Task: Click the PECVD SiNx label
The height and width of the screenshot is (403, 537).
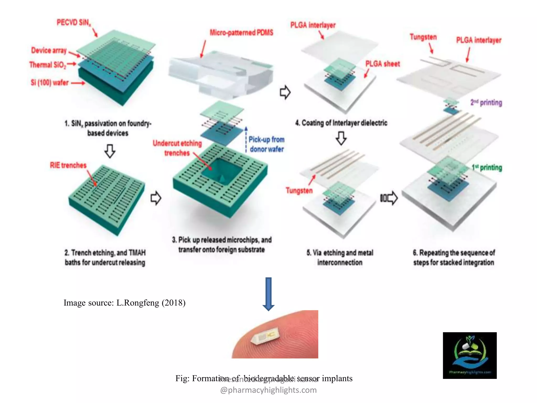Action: coord(74,23)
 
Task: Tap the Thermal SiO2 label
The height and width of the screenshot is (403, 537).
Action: coord(48,65)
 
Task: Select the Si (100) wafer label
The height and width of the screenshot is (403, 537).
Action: coord(50,83)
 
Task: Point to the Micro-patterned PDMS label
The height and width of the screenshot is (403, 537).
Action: coord(241,33)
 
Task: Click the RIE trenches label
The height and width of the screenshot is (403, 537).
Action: coord(68,165)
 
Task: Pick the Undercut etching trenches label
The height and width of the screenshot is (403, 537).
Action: coord(177,148)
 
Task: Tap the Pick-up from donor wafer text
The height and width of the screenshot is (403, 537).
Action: coord(266,144)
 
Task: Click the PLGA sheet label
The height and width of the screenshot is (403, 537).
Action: coord(383,64)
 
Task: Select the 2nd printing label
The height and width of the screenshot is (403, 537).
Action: coord(486,103)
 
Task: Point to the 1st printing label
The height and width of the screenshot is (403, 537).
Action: coord(487,167)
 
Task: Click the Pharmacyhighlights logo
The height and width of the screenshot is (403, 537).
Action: coord(470,355)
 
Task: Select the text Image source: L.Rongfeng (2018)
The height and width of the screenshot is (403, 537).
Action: coord(125,303)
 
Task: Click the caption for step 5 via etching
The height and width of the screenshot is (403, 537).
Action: coord(340,257)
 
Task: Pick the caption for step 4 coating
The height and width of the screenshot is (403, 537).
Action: coord(341,123)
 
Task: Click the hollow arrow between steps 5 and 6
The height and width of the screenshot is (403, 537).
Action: coord(389,198)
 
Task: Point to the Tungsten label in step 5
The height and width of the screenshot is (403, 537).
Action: coord(299,190)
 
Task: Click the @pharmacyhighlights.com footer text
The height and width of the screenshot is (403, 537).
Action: coord(268,390)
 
